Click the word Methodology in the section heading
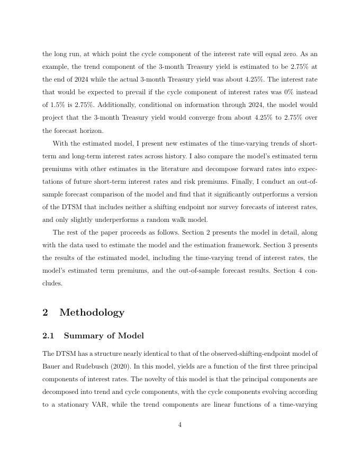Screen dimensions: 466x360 (92, 312)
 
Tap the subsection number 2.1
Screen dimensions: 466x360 (48, 336)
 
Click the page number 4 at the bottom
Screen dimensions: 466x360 (180, 425)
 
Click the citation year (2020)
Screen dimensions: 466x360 (131, 366)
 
